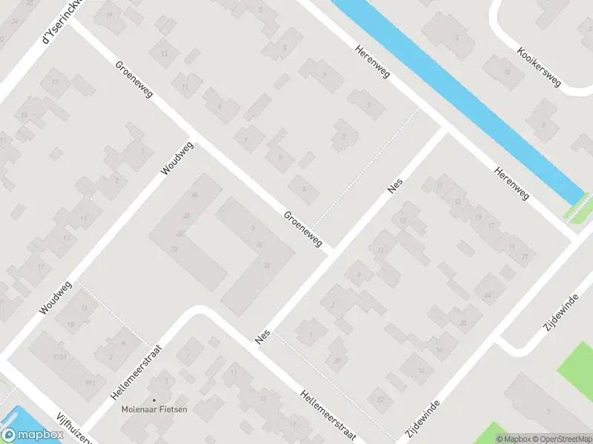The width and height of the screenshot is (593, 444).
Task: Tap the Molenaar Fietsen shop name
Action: tap(155, 408)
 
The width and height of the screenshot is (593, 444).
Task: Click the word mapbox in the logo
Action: tap(41, 435)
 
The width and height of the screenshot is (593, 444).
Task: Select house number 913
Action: tap(90, 382)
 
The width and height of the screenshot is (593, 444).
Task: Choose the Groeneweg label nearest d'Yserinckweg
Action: tap(133, 81)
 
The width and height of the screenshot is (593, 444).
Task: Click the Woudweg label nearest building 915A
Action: tap(56, 298)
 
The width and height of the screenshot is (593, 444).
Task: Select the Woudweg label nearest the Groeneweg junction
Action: tap(177, 158)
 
